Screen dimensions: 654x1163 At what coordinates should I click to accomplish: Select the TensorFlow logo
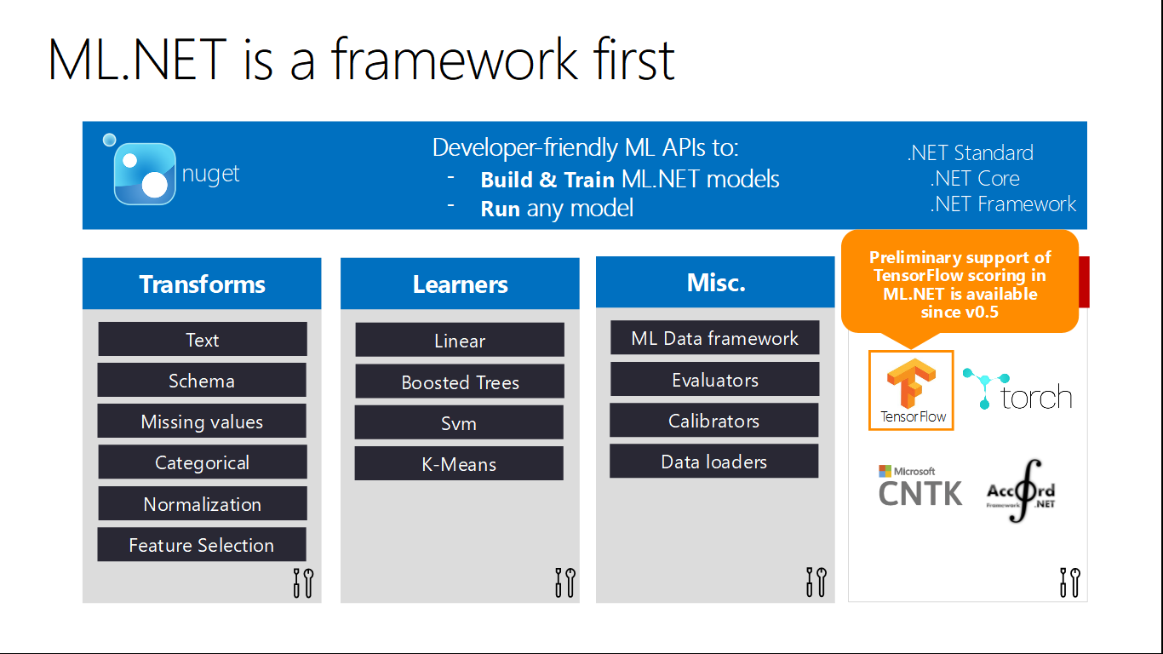911,390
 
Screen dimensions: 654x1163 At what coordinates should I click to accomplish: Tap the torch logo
1018,391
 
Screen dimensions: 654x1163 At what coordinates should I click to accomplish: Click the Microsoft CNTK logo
920,486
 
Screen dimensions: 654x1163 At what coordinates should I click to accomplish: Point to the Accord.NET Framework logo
1022,490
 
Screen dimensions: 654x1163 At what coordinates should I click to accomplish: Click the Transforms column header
202,284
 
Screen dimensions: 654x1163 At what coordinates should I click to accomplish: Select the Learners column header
460,284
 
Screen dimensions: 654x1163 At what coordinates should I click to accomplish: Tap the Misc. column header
715,282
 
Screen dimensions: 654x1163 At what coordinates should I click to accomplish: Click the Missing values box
202,422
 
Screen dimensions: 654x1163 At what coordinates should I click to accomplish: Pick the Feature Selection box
202,545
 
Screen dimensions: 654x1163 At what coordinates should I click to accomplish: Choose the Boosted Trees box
460,382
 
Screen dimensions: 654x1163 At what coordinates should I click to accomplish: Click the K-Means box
459,464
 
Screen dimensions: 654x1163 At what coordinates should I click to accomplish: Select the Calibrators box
714,421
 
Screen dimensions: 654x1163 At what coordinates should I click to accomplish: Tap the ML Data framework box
715,338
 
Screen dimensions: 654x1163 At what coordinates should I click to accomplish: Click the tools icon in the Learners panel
564,582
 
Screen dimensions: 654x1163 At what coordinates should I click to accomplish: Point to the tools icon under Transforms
303,582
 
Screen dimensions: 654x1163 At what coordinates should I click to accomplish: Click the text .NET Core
975,179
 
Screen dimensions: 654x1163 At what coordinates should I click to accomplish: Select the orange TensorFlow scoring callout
960,284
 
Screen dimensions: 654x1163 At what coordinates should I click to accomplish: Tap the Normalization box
202,504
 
